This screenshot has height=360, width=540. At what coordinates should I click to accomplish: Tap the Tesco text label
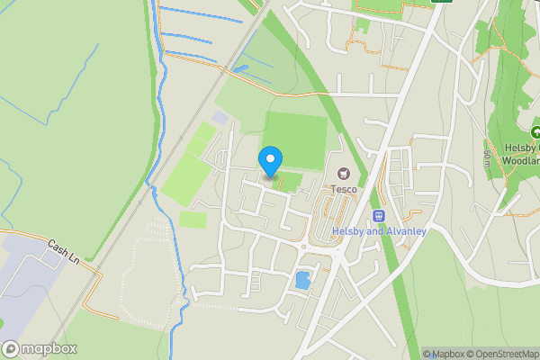(x=343, y=189)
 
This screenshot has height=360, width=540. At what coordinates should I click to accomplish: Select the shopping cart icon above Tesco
(x=343, y=173)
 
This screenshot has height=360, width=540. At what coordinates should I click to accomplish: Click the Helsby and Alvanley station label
(x=379, y=231)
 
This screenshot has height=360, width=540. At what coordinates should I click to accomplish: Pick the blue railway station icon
(x=379, y=216)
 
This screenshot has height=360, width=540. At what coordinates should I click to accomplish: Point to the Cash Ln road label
(x=64, y=247)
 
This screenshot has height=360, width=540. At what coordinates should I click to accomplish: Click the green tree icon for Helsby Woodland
(x=535, y=133)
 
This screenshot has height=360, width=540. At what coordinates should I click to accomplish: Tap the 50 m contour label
(x=487, y=158)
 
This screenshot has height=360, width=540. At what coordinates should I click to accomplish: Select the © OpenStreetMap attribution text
(x=499, y=354)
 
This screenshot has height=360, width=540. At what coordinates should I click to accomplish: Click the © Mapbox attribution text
(x=442, y=354)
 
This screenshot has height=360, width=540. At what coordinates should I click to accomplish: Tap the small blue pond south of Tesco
(x=302, y=280)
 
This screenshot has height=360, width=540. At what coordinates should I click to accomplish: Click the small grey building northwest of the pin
(x=221, y=118)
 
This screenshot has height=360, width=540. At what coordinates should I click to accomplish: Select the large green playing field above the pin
(x=294, y=140)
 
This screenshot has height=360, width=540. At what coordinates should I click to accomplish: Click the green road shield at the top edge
(x=441, y=2)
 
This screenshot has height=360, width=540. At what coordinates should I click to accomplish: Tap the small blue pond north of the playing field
(x=241, y=67)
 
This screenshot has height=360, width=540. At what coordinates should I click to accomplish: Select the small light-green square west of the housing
(x=192, y=219)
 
